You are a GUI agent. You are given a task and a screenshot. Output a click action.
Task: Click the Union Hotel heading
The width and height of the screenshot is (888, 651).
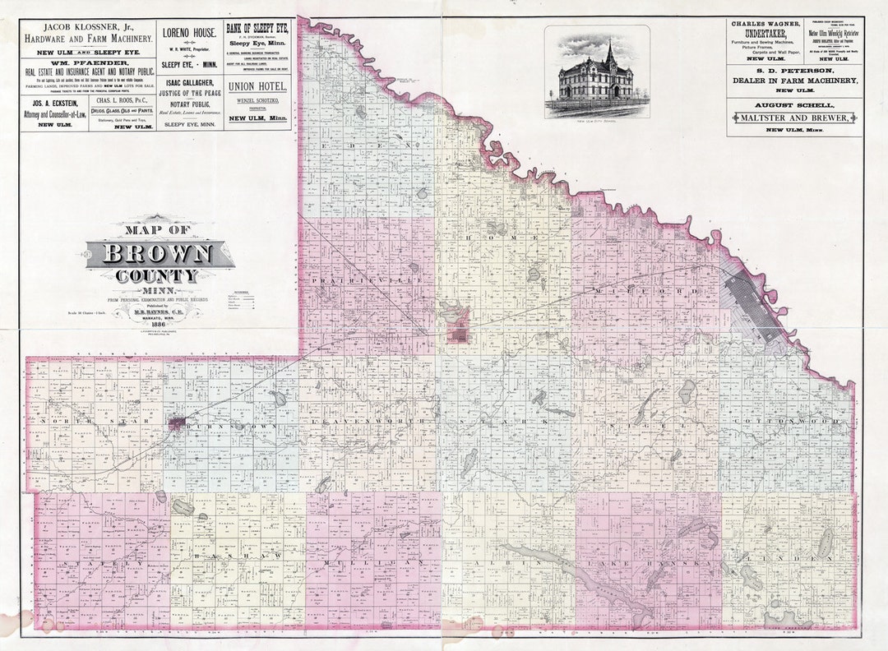pyautogui.click(x=258, y=85)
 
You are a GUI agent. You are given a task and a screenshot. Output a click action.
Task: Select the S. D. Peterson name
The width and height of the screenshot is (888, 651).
pyautogui.click(x=794, y=71)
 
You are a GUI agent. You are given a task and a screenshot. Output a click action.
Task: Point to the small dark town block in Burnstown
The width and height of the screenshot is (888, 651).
pyautogui.click(x=176, y=423)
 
